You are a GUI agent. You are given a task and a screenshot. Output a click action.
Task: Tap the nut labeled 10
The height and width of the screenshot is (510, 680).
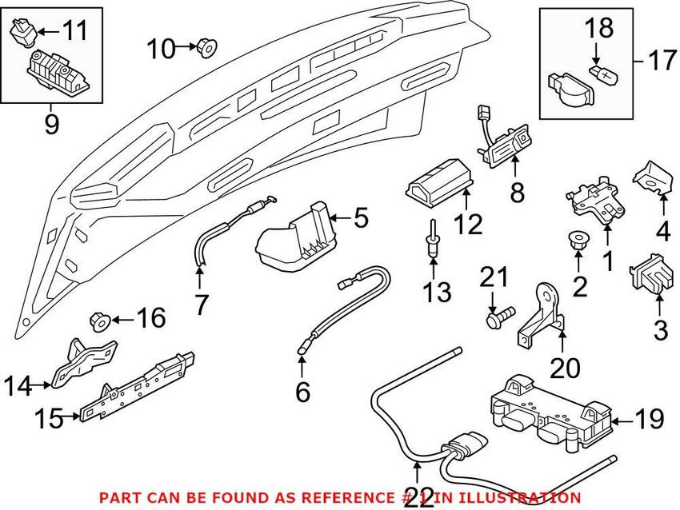pos(206,50)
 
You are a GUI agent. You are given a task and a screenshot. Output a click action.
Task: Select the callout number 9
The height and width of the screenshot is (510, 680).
pos(51,125)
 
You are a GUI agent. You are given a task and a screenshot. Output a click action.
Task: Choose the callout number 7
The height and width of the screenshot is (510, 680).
pos(200,303)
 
